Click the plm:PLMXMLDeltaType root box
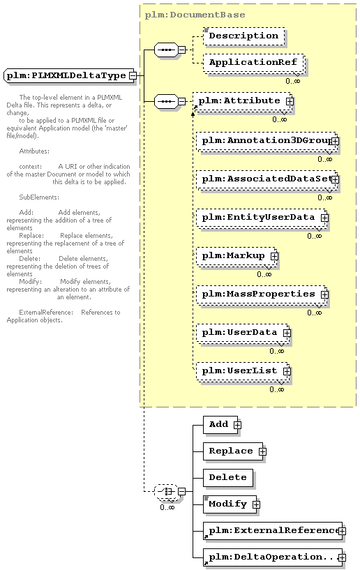click(x=69, y=75)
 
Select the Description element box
click(x=243, y=36)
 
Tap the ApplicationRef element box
click(x=253, y=63)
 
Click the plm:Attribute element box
click(x=243, y=101)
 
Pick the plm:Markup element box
click(x=237, y=256)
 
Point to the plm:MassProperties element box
click(x=262, y=294)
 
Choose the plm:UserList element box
click(x=243, y=371)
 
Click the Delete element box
click(x=228, y=477)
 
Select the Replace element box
click(x=233, y=451)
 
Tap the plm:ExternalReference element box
click(x=273, y=531)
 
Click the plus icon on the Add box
click(x=237, y=425)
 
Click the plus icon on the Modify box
click(x=256, y=504)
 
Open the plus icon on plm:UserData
click(x=287, y=333)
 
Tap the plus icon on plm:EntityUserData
click(x=324, y=218)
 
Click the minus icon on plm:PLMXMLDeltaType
click(x=133, y=75)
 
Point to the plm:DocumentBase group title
click(x=195, y=15)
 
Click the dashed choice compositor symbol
click(x=166, y=491)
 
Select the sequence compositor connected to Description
click(x=166, y=50)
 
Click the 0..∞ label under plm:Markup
click(x=264, y=274)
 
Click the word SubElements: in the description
click(x=39, y=197)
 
